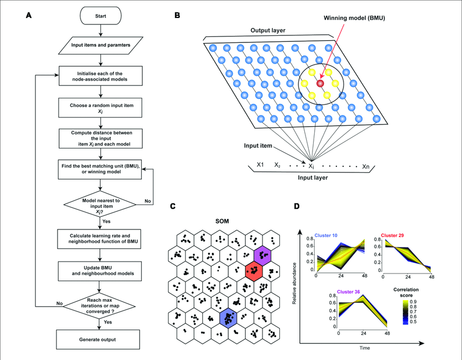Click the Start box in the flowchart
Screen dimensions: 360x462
click(100, 15)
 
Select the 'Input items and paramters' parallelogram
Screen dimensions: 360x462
click(100, 44)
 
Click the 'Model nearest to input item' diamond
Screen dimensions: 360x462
click(100, 204)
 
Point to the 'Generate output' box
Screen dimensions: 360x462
click(100, 340)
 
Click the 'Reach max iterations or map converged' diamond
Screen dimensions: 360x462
click(100, 303)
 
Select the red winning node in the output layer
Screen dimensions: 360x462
click(320, 83)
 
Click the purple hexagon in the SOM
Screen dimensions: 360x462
click(264, 254)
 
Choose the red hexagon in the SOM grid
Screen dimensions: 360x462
click(253, 269)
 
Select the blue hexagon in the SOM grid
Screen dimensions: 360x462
click(228, 317)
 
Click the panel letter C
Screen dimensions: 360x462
click(172, 207)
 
